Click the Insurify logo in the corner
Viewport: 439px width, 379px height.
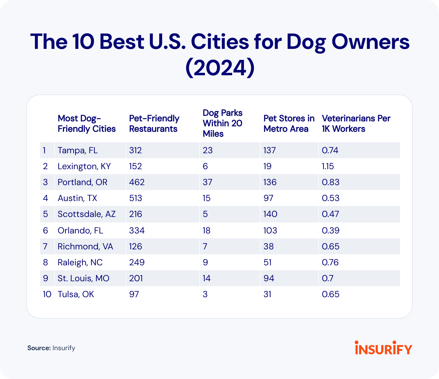383,348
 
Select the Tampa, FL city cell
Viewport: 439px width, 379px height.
78,151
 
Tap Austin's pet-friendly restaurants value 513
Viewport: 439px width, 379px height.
136,198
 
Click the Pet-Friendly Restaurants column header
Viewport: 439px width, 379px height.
154,124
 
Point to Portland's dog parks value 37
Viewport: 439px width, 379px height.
207,182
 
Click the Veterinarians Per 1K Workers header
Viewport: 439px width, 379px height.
356,124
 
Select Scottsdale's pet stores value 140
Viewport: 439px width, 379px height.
270,214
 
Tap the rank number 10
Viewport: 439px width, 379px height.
47,294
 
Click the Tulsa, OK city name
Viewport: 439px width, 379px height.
76,294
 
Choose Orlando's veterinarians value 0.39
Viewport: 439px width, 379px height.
330,230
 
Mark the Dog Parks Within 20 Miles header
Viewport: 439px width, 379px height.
222,123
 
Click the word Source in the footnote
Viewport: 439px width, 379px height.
39,348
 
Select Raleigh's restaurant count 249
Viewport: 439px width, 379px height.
137,263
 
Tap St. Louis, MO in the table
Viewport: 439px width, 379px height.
83,278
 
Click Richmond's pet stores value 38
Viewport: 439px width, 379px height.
268,246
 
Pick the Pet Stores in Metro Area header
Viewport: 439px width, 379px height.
289,124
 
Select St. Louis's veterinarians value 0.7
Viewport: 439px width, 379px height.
327,278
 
